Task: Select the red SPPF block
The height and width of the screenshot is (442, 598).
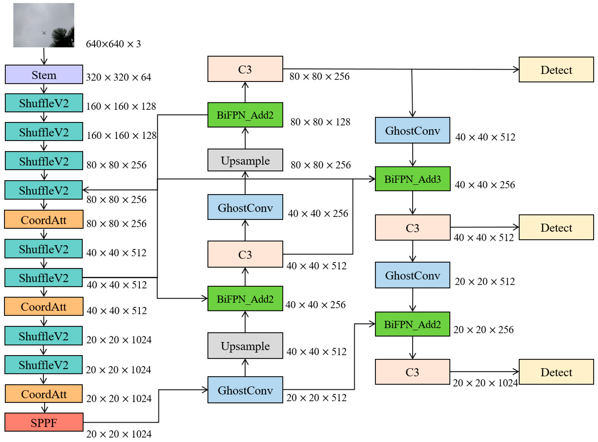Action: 44,422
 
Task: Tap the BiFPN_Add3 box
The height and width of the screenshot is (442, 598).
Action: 412,179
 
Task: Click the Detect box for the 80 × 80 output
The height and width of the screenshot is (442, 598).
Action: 556,70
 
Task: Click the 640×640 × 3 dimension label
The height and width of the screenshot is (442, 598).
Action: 113,44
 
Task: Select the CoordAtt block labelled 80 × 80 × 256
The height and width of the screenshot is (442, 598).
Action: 44,219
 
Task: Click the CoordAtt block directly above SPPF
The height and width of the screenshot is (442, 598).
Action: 44,394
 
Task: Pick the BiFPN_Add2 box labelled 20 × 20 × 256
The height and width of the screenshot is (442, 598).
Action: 412,324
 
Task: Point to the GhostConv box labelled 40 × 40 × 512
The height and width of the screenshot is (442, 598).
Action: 412,130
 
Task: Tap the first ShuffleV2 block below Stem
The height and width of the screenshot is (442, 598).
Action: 44,103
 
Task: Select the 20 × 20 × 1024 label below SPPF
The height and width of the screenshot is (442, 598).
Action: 119,434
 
